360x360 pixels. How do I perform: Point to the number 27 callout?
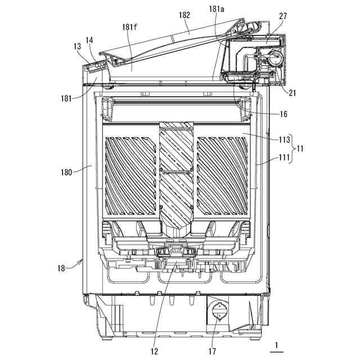[282, 16]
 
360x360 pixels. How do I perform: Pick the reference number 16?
[283, 114]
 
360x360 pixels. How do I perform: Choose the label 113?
[284, 139]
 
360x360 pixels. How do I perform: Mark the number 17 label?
[77, 47]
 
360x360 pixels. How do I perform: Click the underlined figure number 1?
[90, 40]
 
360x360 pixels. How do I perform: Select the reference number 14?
[217, 311]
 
